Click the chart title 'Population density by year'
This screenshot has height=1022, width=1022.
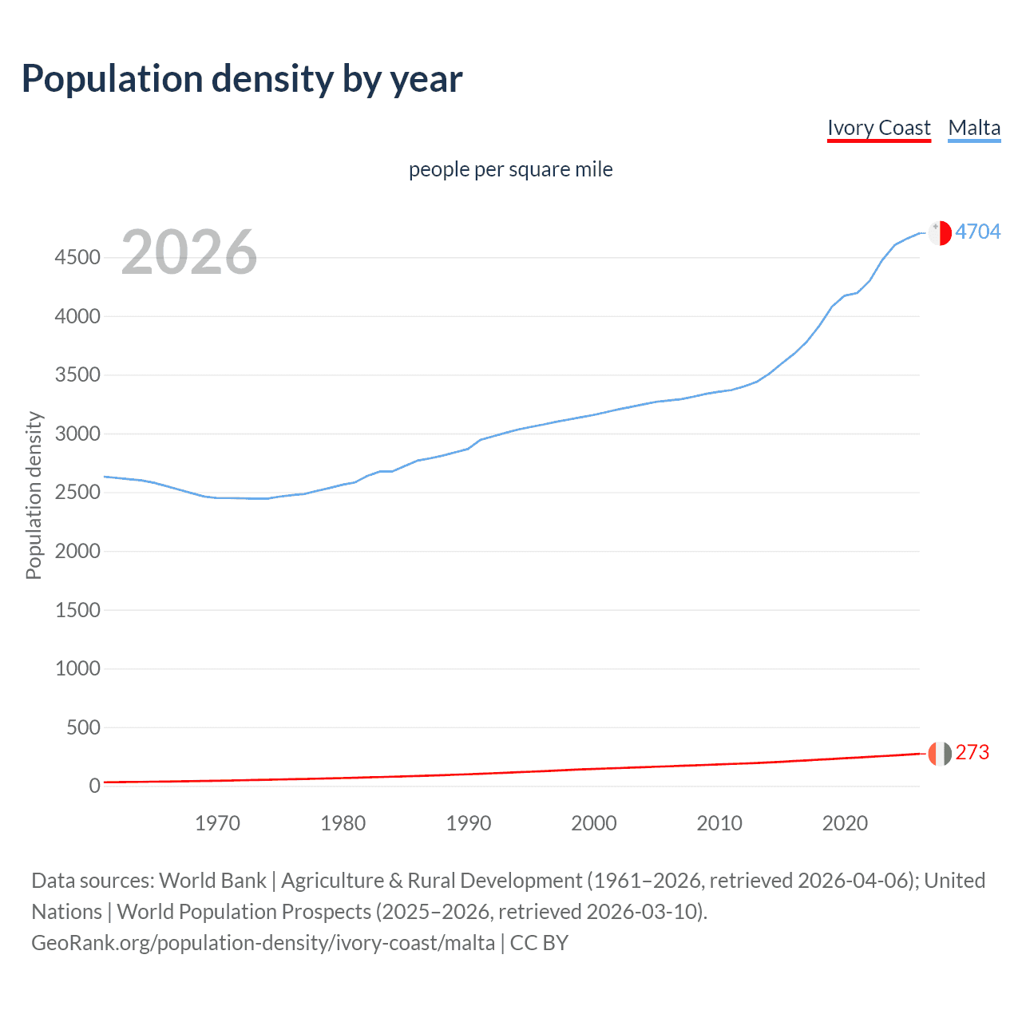[242, 79]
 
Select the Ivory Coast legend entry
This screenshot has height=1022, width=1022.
[878, 128]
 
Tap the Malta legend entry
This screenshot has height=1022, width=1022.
[974, 128]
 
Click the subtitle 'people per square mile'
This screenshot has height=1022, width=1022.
[510, 169]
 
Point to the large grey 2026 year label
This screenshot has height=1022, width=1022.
[189, 252]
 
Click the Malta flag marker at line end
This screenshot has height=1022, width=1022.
[940, 232]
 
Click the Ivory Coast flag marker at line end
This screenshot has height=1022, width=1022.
[940, 753]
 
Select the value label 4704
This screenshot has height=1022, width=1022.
[977, 232]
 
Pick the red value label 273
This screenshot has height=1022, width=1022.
[972, 752]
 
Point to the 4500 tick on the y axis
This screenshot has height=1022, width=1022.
[77, 257]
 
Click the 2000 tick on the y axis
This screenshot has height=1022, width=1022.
[77, 551]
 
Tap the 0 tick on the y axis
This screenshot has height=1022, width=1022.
[94, 786]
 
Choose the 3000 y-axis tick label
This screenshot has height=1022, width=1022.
[77, 434]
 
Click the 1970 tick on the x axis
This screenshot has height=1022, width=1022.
[217, 823]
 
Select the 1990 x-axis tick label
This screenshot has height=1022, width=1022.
[469, 823]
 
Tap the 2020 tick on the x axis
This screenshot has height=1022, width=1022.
[845, 823]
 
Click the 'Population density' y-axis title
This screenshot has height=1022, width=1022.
[34, 495]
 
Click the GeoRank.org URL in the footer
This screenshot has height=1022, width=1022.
[263, 943]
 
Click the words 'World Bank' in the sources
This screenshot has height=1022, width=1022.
[212, 881]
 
